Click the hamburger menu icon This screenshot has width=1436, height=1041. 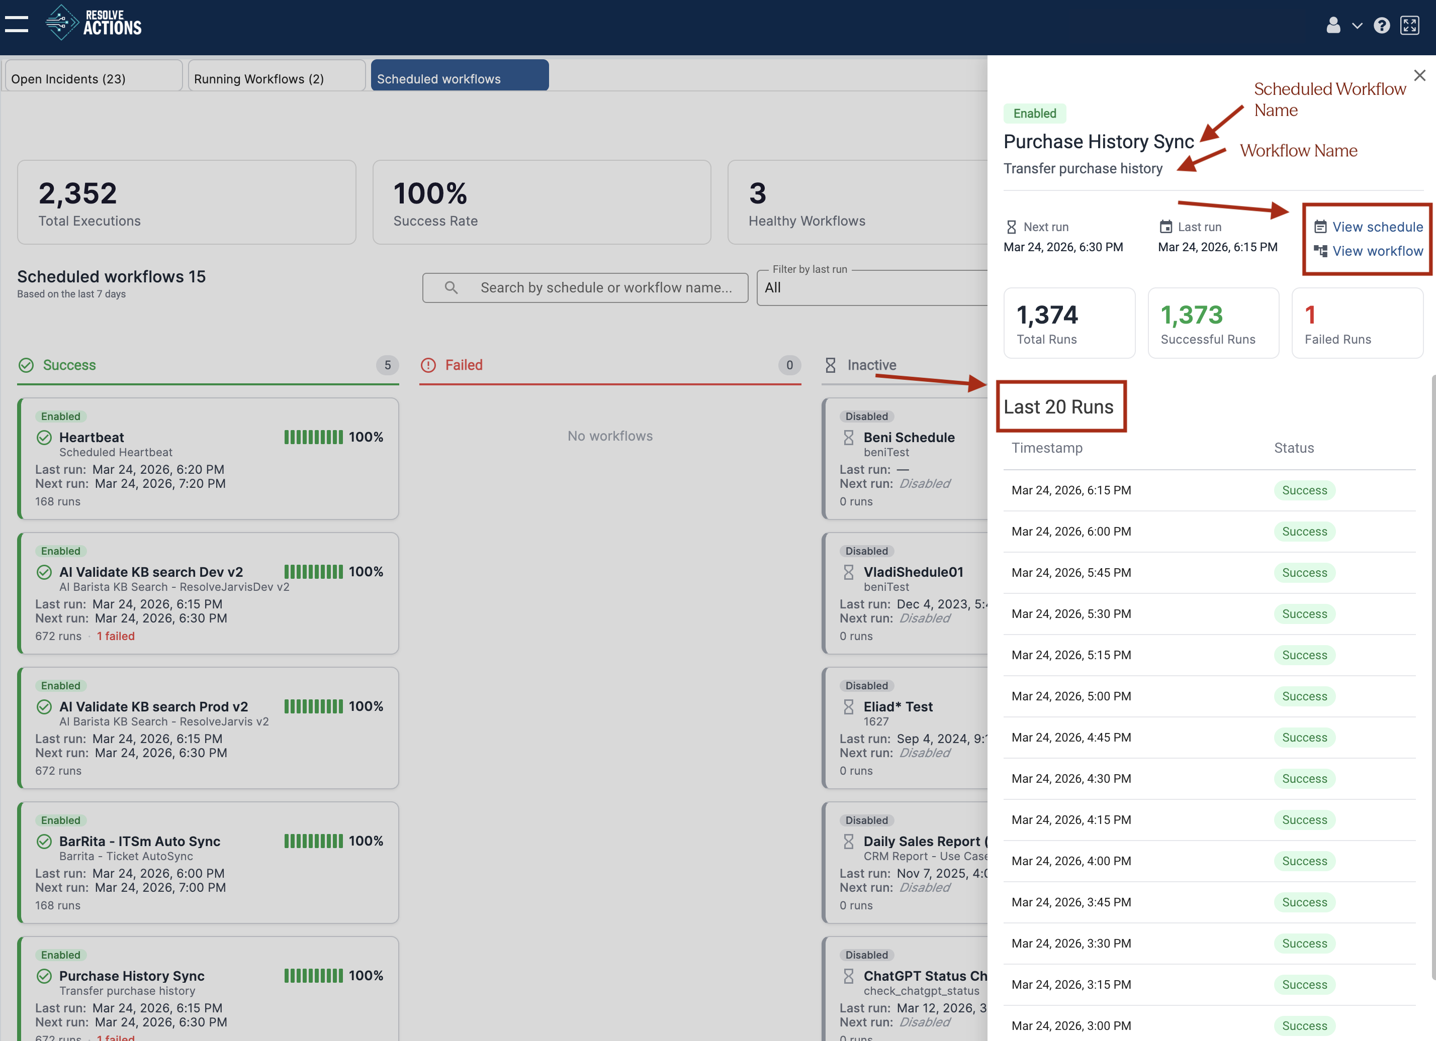point(17,24)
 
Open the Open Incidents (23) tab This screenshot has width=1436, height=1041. point(93,78)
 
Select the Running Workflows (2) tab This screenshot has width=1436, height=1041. point(276,78)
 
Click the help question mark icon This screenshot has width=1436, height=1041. point(1382,25)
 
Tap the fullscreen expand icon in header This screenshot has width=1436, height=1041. point(1409,25)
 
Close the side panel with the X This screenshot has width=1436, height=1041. point(1419,76)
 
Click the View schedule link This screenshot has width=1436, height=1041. point(1377,227)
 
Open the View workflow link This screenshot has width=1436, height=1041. point(1377,251)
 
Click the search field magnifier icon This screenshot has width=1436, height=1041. point(451,287)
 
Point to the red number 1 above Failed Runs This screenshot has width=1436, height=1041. point(1310,315)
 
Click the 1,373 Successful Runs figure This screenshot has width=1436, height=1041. point(1191,315)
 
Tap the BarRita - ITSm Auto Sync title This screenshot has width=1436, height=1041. point(139,841)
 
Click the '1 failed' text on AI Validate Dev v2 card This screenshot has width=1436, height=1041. point(115,636)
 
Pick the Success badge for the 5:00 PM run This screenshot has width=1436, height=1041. point(1304,696)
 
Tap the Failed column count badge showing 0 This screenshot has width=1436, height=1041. point(789,365)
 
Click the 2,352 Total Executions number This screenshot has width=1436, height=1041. point(78,193)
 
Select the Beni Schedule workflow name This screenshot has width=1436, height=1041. point(909,437)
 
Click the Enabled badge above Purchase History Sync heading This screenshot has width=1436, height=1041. point(1035,113)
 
